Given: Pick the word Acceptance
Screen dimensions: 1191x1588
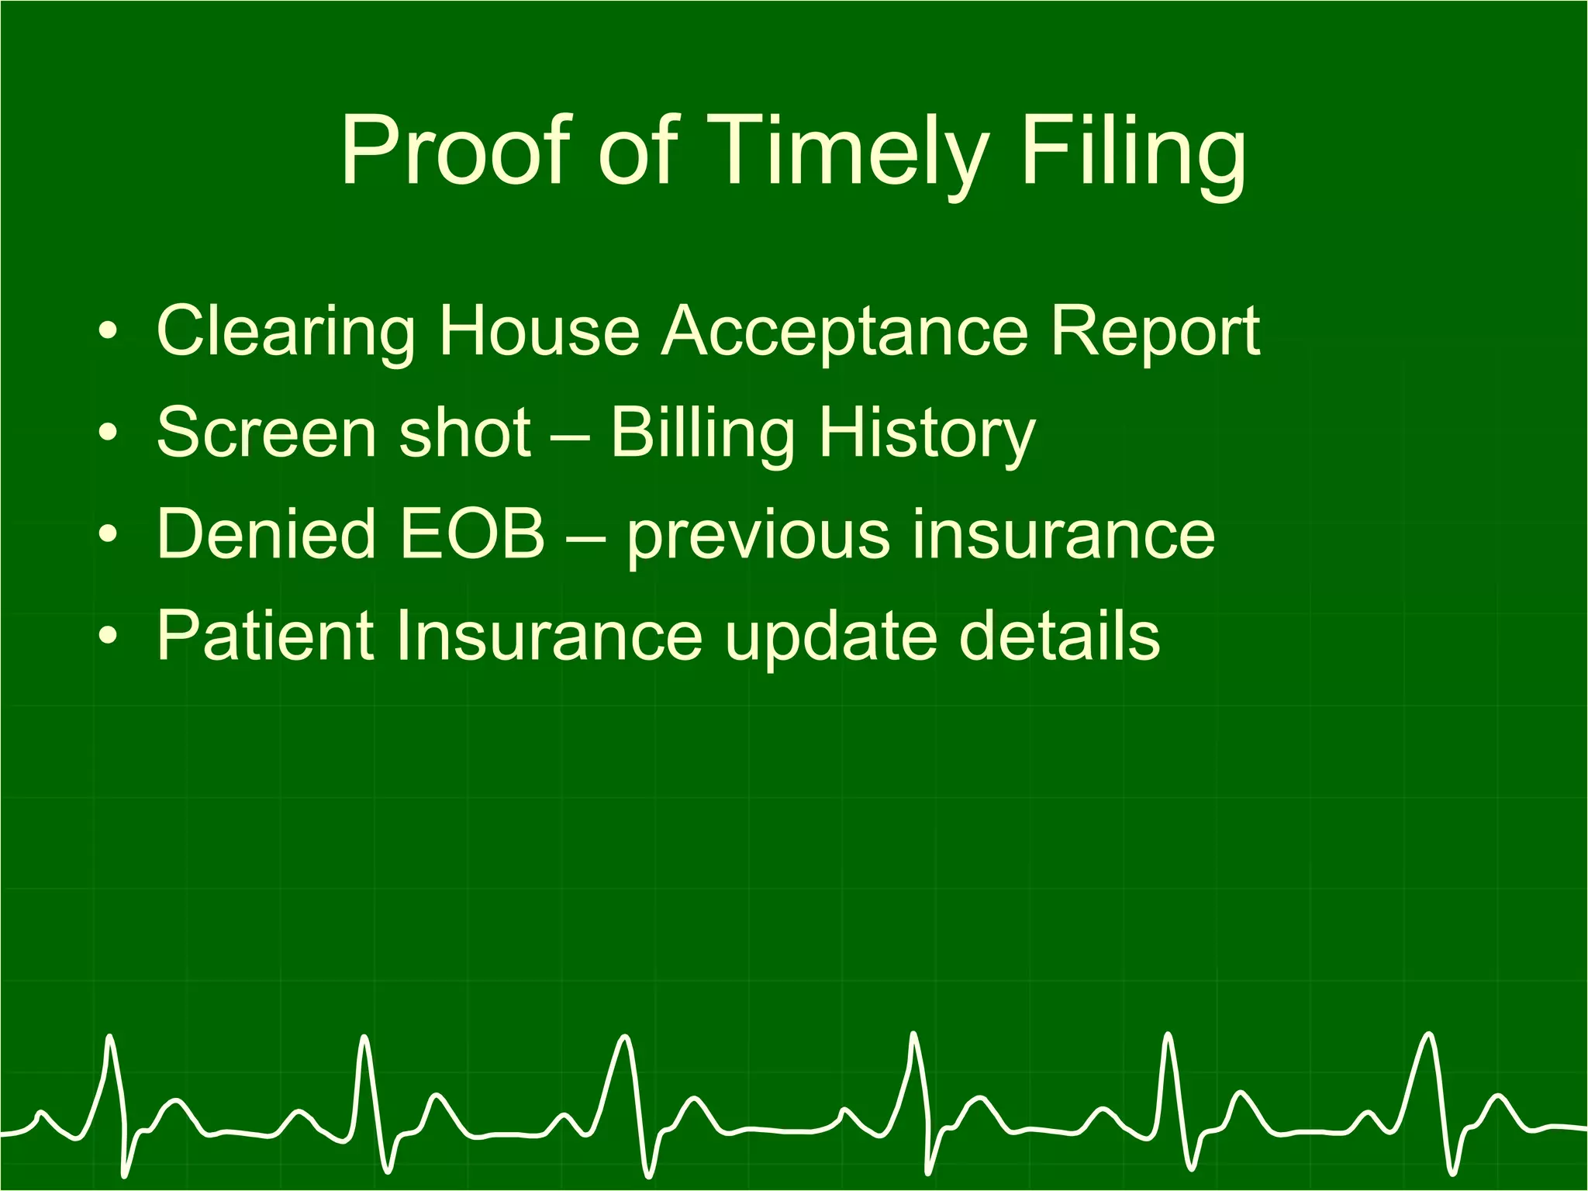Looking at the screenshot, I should point(844,332).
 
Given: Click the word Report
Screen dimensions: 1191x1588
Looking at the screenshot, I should point(1155,332).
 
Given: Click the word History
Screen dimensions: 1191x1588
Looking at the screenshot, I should point(927,433).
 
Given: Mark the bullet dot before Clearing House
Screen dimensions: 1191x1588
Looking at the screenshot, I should point(109,333).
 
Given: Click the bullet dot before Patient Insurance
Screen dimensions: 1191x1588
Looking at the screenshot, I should point(109,637).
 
